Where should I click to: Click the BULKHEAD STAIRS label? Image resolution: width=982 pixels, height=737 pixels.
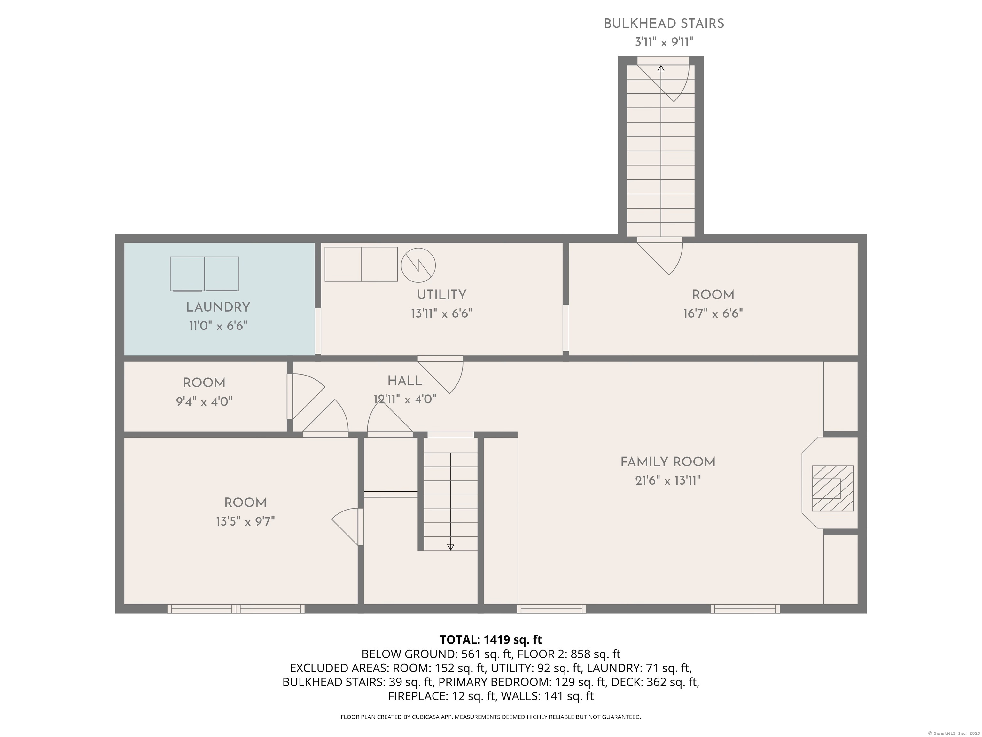[x=664, y=24]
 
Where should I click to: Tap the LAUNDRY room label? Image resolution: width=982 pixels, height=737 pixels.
[x=218, y=307]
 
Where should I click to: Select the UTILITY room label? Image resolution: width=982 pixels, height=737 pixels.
[x=441, y=295]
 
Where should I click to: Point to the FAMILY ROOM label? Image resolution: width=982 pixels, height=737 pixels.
[x=668, y=462]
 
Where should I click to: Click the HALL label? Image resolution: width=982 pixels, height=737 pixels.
[x=405, y=381]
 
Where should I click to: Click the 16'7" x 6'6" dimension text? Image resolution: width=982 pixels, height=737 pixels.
[x=713, y=313]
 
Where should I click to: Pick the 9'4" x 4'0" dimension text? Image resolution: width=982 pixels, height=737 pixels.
[x=204, y=401]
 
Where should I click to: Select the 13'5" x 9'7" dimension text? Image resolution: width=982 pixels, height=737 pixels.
[x=245, y=521]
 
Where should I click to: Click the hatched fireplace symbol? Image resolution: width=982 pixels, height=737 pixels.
[x=833, y=488]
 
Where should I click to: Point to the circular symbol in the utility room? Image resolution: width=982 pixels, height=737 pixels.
[x=418, y=265]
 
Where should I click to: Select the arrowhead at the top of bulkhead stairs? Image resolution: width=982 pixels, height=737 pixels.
[x=661, y=68]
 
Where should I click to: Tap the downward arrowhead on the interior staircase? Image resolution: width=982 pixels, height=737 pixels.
[x=451, y=547]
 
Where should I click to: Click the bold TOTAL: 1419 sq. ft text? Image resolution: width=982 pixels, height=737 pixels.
[x=491, y=640]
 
